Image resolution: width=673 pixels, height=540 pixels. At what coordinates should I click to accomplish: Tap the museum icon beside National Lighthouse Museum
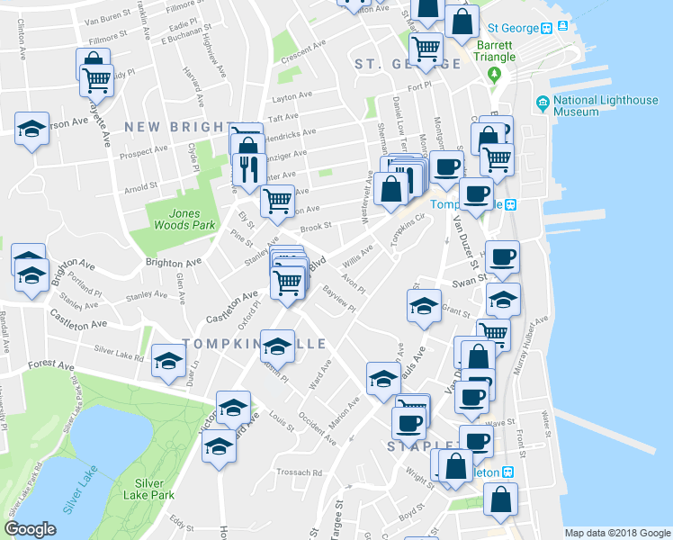coord(543,104)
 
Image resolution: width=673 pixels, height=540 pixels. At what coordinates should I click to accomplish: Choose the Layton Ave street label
coord(291,94)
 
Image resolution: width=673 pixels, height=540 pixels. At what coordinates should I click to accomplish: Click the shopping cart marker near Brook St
coord(277,201)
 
